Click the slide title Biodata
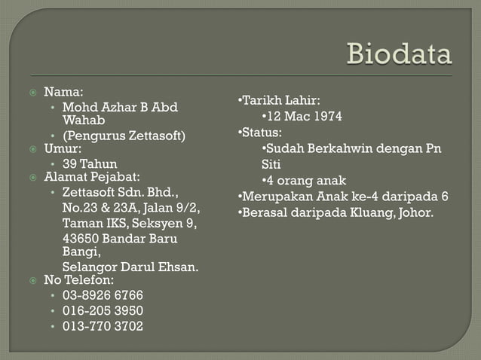coord(399,54)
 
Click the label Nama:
coord(63,92)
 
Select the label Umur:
coord(63,149)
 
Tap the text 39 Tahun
coord(90,163)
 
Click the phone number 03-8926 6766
coord(103,294)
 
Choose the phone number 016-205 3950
coord(103,310)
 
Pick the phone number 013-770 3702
coord(103,326)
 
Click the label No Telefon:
coord(79,280)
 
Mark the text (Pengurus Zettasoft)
coord(124,136)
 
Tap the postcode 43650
coord(81,239)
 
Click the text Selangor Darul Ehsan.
coord(130,267)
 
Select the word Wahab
coord(84,121)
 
